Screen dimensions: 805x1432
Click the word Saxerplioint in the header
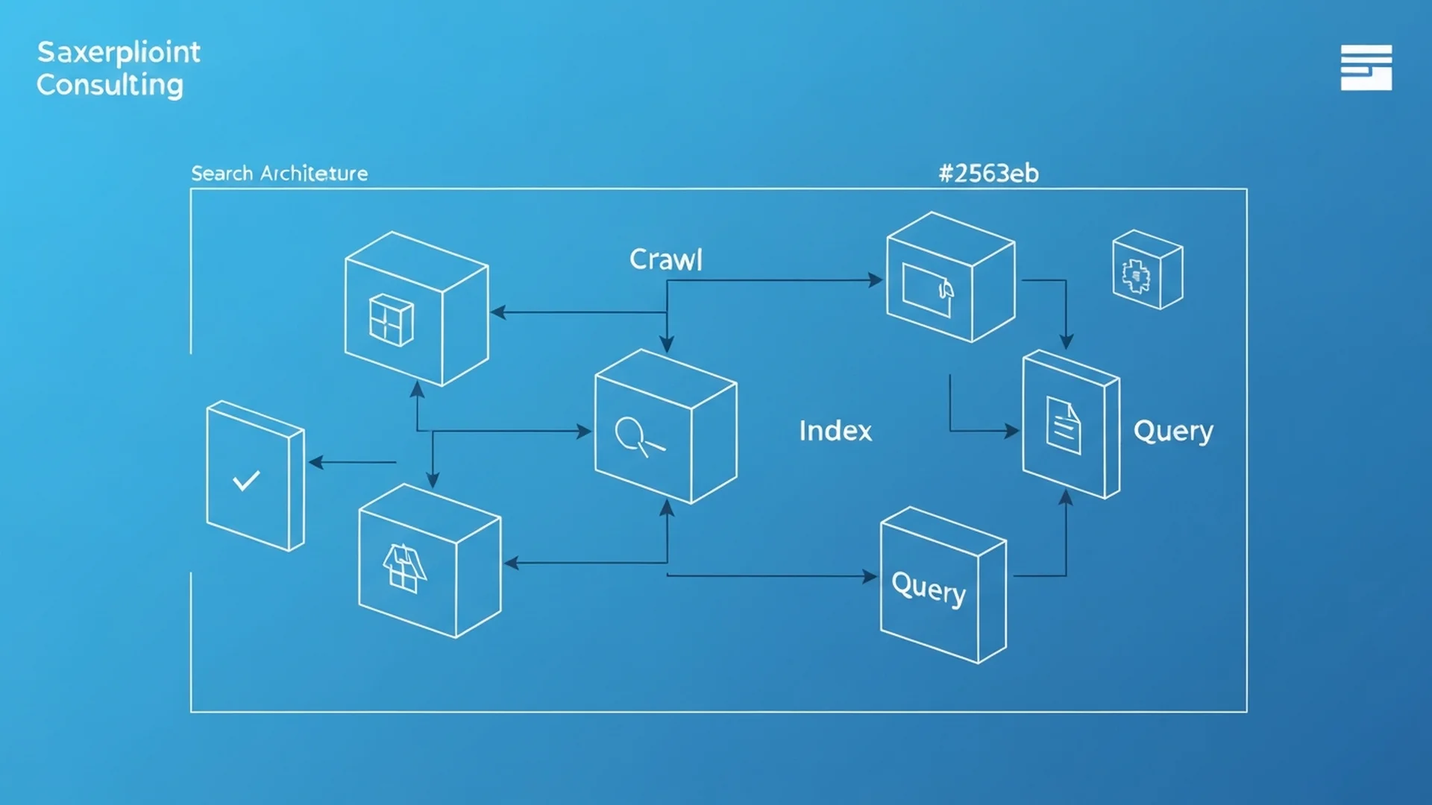pyautogui.click(x=119, y=52)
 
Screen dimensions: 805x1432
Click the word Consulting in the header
pyautogui.click(x=110, y=85)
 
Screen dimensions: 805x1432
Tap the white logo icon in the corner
pyautogui.click(x=1366, y=67)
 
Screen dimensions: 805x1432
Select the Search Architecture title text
pyautogui.click(x=279, y=174)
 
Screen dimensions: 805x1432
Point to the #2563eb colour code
pyautogui.click(x=988, y=174)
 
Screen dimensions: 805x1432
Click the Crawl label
pyautogui.click(x=665, y=259)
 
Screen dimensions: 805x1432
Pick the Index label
pyautogui.click(x=835, y=431)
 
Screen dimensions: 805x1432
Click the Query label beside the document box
pyautogui.click(x=1173, y=432)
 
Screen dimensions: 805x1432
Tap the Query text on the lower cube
pyautogui.click(x=929, y=588)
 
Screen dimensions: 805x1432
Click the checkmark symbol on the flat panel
pyautogui.click(x=246, y=481)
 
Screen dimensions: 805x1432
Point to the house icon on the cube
pyautogui.click(x=404, y=568)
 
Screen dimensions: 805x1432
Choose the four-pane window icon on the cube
pyautogui.click(x=391, y=321)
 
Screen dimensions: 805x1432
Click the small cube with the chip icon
pyautogui.click(x=1146, y=270)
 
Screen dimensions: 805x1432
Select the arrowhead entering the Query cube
pyautogui.click(x=870, y=576)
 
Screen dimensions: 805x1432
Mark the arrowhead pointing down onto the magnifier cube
pyautogui.click(x=667, y=344)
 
